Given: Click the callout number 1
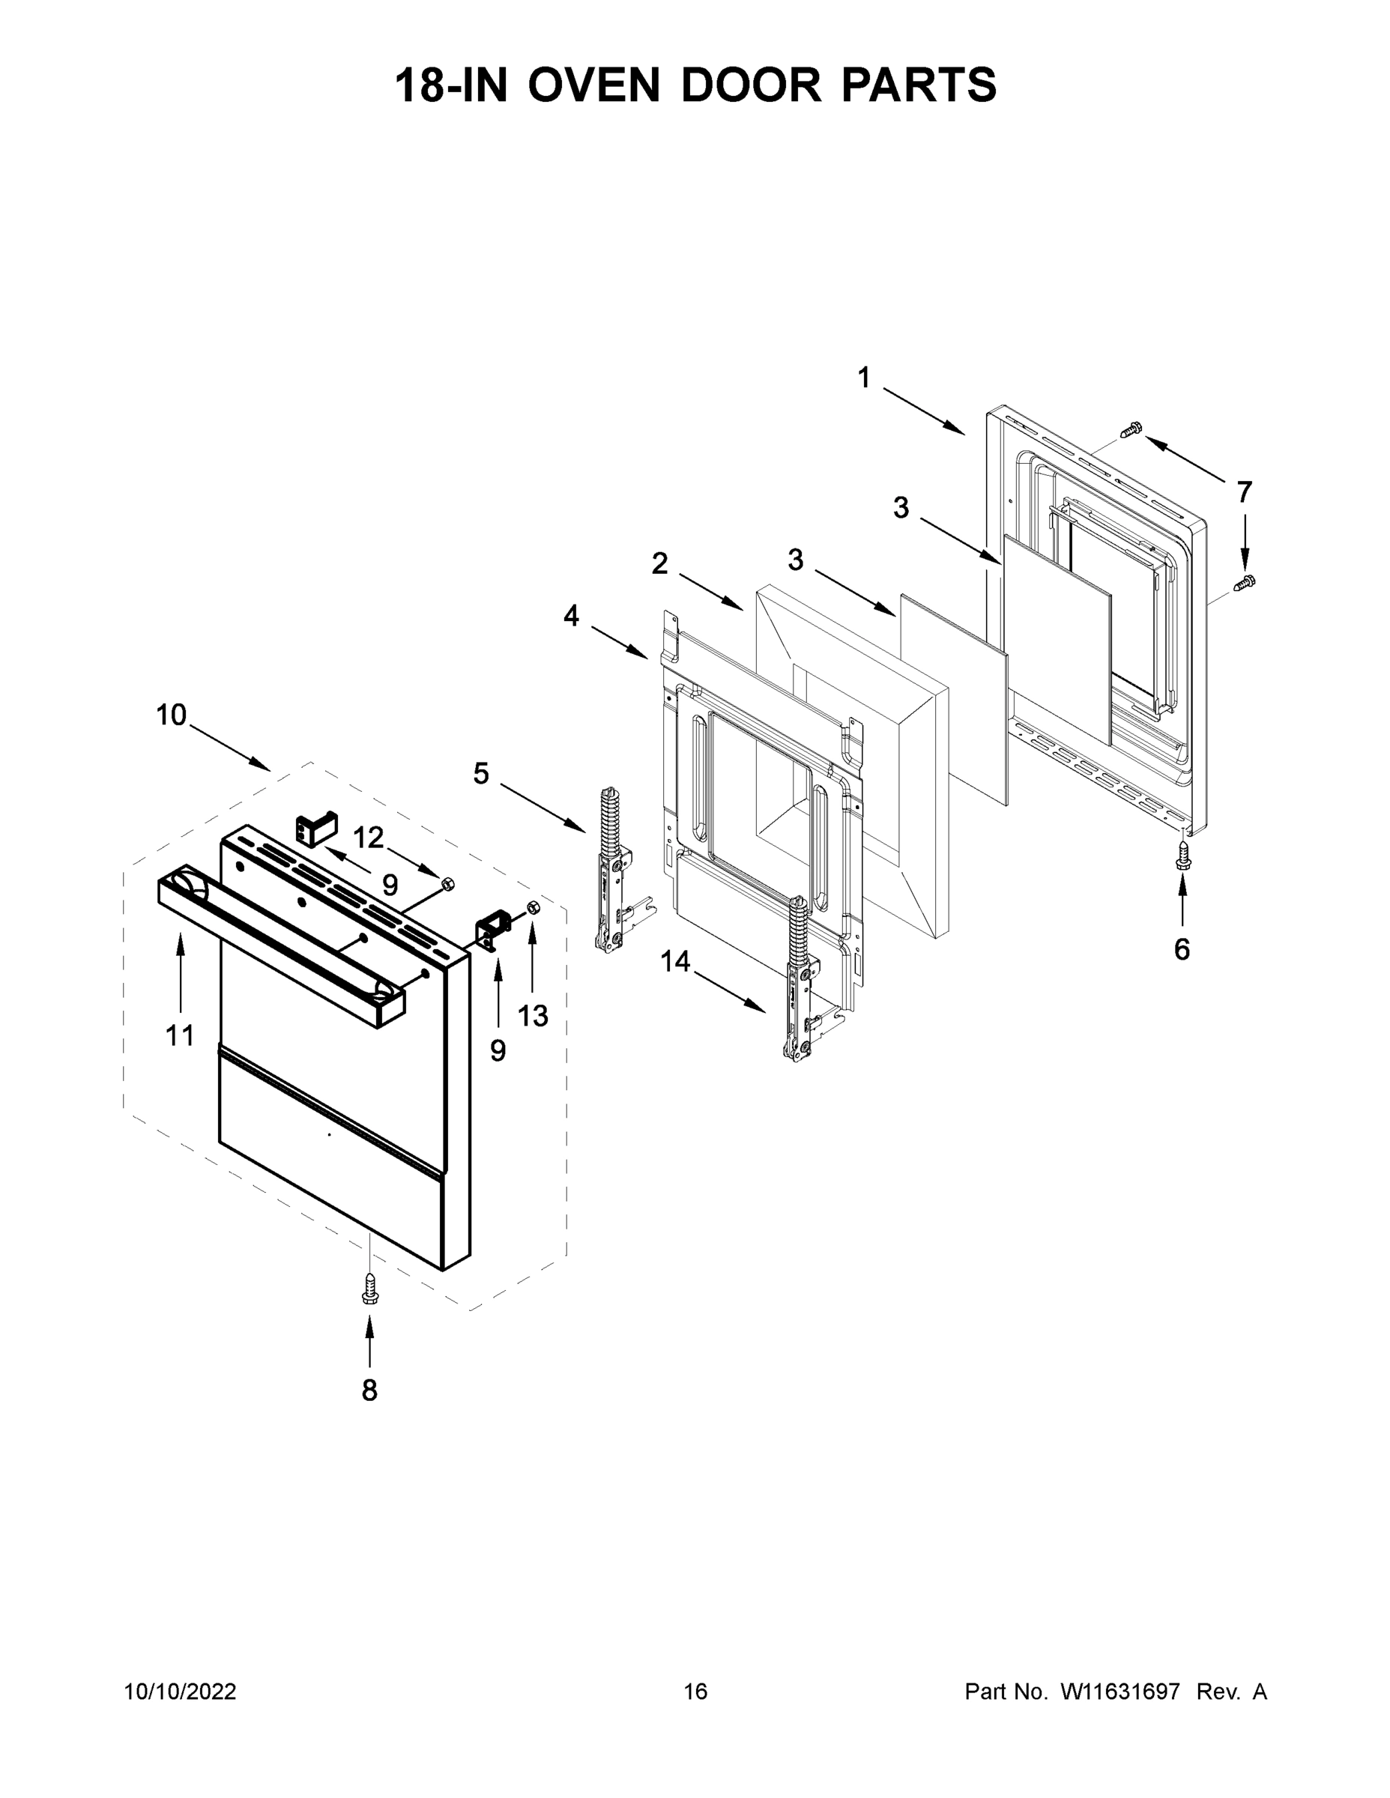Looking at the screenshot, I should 863,378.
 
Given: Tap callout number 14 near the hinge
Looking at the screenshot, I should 674,960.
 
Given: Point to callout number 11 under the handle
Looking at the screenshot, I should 180,1035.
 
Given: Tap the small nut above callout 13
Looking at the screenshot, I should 531,906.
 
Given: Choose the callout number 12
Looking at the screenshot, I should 368,838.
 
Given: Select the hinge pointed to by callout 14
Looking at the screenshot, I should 800,980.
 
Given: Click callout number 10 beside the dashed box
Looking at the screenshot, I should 172,715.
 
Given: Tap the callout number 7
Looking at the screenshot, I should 1244,492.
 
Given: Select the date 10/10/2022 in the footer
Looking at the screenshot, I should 181,1692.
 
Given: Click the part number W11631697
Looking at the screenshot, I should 1120,1692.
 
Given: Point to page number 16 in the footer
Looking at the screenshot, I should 695,1692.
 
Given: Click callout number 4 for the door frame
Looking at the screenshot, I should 571,616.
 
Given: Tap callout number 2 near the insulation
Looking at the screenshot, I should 659,564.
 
